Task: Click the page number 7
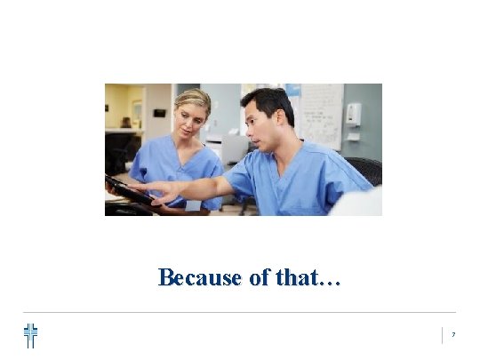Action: click(452, 335)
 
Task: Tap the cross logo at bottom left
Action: click(31, 335)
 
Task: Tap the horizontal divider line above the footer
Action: click(240, 312)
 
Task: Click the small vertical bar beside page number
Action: click(442, 335)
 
